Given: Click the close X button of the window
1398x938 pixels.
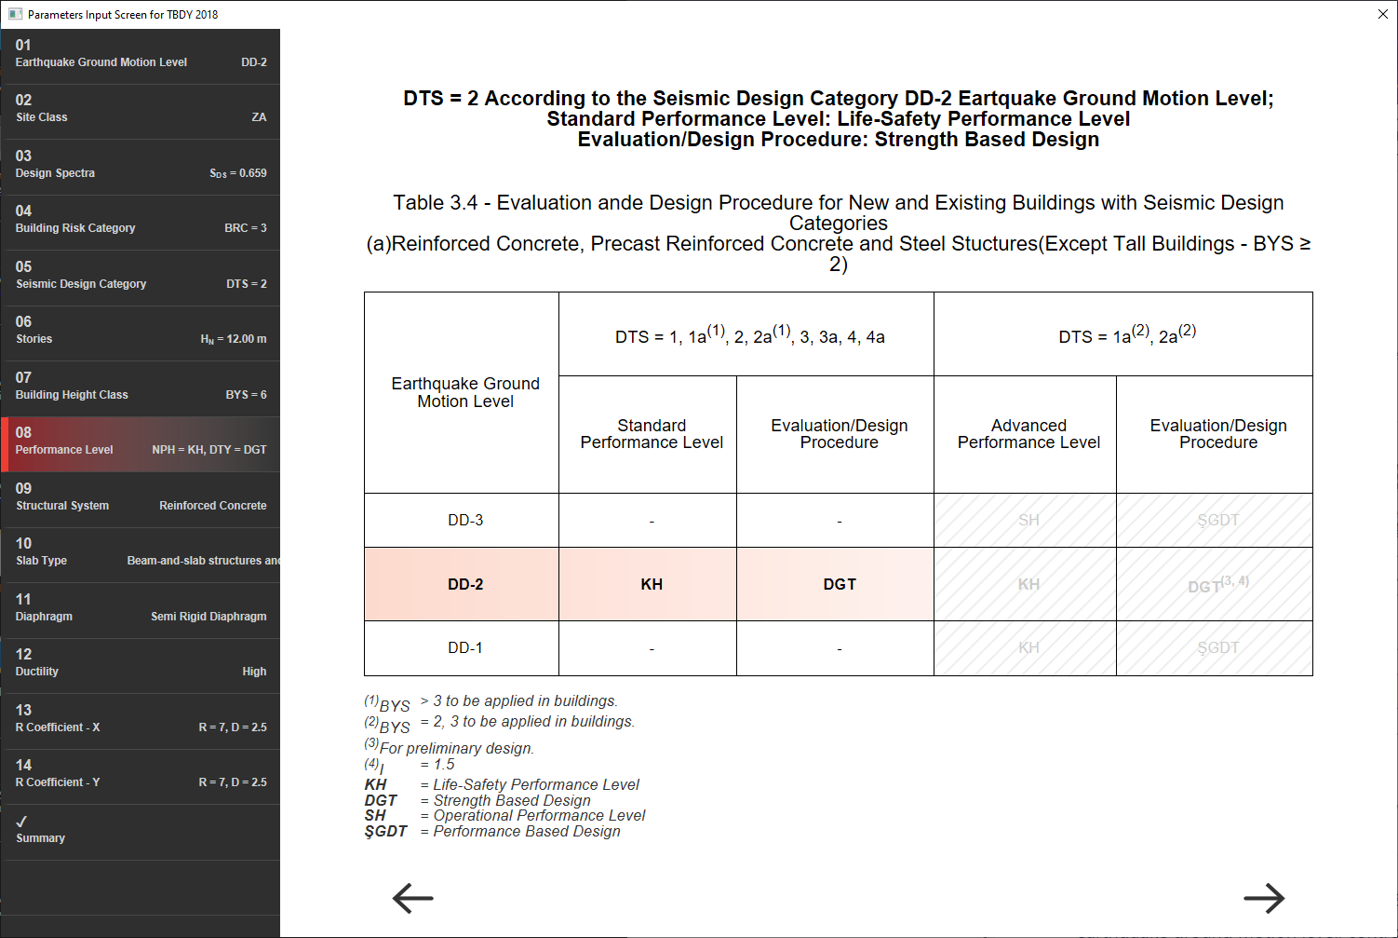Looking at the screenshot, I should point(1382,14).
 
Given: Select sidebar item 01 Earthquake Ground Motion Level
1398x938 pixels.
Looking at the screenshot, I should point(141,54).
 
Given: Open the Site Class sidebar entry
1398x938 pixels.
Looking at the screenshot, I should point(141,109).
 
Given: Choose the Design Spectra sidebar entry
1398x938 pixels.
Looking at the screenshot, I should point(141,165).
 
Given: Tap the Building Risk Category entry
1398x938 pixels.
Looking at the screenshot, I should point(141,220).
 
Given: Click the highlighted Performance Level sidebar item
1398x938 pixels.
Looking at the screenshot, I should point(141,442).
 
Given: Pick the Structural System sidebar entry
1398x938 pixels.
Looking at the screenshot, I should point(141,497).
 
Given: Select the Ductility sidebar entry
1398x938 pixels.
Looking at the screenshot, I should point(141,663).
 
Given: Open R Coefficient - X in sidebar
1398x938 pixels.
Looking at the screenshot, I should point(141,719).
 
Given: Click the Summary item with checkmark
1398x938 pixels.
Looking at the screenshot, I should point(141,830).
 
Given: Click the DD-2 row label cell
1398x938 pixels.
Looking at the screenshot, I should point(465,584).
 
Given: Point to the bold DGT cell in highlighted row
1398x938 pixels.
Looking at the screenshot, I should point(839,584).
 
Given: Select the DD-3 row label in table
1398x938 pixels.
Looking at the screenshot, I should point(465,520).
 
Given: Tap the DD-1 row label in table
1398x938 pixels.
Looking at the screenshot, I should point(465,647).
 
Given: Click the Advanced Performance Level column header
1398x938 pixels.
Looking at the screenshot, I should point(1028,434).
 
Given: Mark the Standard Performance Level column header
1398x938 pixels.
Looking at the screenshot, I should point(652,434).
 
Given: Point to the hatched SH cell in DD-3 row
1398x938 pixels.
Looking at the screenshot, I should point(1028,520).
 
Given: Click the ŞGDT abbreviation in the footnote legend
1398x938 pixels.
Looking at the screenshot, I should point(385,831).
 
